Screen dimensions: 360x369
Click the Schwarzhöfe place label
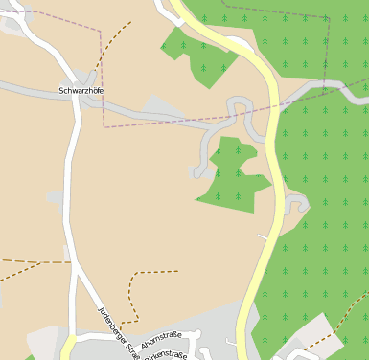[x=81, y=91]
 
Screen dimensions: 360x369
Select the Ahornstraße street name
[x=159, y=340]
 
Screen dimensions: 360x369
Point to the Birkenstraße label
[x=166, y=354]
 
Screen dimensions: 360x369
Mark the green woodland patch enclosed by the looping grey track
[x=233, y=175]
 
